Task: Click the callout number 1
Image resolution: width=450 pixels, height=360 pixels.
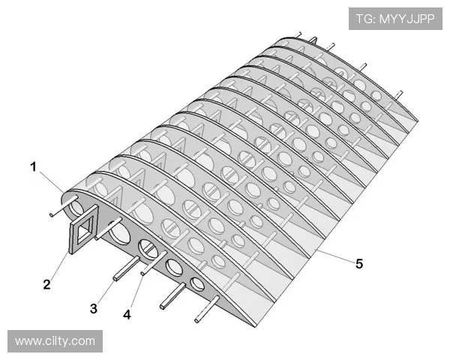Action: (34, 167)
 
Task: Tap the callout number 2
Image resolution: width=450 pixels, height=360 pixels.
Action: (46, 284)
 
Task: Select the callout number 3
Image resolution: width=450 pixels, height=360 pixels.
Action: (94, 309)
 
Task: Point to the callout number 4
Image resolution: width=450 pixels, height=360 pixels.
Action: (127, 315)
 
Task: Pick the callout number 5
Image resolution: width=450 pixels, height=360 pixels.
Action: (359, 264)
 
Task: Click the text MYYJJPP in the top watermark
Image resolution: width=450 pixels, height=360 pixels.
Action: (407, 19)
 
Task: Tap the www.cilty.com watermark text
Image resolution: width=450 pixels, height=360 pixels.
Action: (55, 341)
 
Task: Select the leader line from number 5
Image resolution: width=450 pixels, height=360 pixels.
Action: (334, 256)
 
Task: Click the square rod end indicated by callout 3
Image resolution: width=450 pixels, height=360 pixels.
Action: (115, 278)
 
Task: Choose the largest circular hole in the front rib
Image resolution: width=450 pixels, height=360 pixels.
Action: (118, 232)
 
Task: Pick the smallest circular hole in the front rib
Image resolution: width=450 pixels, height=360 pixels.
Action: (197, 283)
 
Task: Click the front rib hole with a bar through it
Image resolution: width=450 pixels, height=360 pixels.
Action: (148, 249)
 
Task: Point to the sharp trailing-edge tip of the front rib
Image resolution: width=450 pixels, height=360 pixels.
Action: (255, 327)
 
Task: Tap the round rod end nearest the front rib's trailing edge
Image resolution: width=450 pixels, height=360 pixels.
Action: (196, 320)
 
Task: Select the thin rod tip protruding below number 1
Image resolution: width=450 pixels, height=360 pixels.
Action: (51, 214)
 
